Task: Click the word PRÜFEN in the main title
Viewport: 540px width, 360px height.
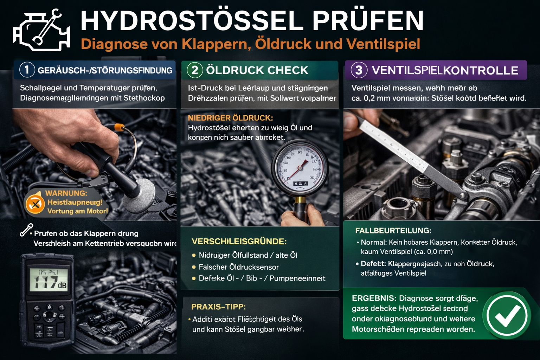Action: pyautogui.click(x=368, y=21)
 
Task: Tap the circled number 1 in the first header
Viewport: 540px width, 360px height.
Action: pyautogui.click(x=27, y=70)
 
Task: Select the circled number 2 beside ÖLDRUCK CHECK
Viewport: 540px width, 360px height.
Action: pyautogui.click(x=194, y=70)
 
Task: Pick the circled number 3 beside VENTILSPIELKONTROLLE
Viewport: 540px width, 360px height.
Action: pyautogui.click(x=359, y=70)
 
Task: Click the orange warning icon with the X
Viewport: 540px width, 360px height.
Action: pyautogui.click(x=35, y=204)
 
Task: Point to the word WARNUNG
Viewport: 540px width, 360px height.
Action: pyautogui.click(x=66, y=193)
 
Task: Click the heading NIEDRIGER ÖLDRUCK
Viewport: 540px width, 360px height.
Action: pyautogui.click(x=230, y=118)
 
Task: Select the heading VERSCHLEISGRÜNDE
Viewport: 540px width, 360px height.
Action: pyautogui.click(x=239, y=242)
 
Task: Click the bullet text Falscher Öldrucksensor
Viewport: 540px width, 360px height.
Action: pyautogui.click(x=239, y=267)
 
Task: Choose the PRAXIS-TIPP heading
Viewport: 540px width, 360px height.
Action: pyautogui.click(x=218, y=307)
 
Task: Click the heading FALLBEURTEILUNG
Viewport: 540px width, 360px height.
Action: pyautogui.click(x=393, y=231)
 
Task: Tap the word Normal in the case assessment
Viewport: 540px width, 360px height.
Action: pyautogui.click(x=373, y=242)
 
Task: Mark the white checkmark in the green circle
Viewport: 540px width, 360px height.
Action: pyautogui.click(x=507, y=315)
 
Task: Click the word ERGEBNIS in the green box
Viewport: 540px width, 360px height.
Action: pyautogui.click(x=374, y=298)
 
